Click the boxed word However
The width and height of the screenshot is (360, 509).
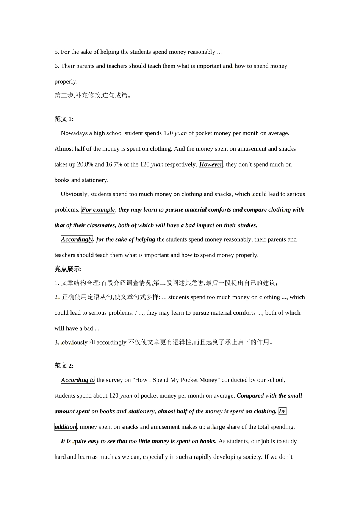click(x=211, y=164)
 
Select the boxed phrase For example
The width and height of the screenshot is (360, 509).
click(x=98, y=209)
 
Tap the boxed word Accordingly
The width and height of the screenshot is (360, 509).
click(x=77, y=239)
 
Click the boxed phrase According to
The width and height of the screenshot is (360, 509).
click(x=78, y=380)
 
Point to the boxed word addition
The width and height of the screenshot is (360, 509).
click(x=65, y=427)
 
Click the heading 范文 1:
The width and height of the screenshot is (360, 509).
click(x=64, y=119)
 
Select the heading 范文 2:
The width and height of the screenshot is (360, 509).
click(x=64, y=366)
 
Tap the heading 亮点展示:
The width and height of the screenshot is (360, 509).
click(x=68, y=269)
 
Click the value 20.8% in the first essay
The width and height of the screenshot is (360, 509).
click(x=85, y=164)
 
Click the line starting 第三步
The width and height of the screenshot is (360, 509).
click(x=93, y=95)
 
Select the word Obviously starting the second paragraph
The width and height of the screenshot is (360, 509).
click(x=74, y=194)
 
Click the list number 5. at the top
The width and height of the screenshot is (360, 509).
click(x=57, y=52)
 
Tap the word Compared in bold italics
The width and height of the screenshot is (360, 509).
click(x=250, y=395)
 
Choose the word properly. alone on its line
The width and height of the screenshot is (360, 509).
click(x=66, y=81)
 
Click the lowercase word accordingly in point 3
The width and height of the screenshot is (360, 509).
click(x=111, y=342)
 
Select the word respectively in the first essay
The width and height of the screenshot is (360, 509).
click(x=181, y=164)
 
